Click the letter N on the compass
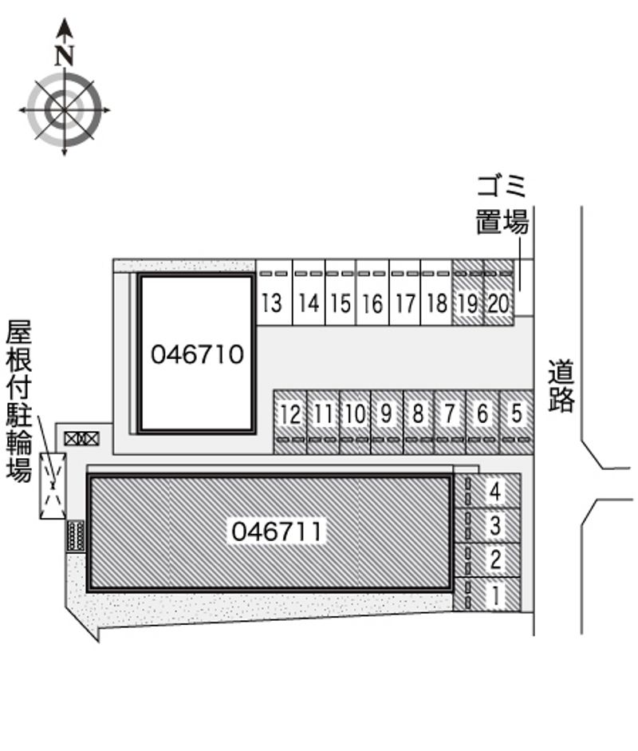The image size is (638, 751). pos(65,55)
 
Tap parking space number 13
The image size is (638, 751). pos(272,303)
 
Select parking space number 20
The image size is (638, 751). pos(498,303)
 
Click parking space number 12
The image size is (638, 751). pos(291,414)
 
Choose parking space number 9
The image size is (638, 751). pos(386,414)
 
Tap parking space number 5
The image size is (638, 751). pos(517,414)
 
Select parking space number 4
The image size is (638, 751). pos(495,491)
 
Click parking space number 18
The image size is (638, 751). pos(436,303)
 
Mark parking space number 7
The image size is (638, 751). pos(450,414)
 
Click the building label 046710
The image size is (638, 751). pos(197,354)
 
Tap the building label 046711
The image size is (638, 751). pos(277,531)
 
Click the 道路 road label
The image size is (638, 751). pos(561,386)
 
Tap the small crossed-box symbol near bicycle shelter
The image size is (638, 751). pos(81,438)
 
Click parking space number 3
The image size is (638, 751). pos(495,526)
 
